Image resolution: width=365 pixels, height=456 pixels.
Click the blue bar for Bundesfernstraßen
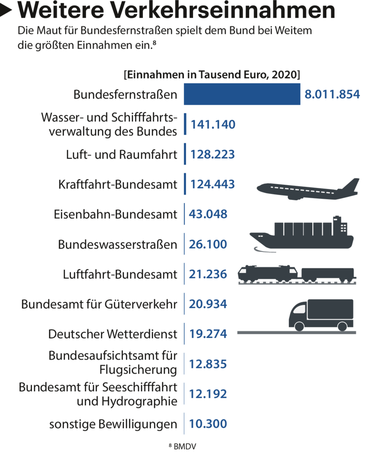point(242,94)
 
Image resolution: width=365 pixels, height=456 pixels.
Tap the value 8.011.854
point(332,94)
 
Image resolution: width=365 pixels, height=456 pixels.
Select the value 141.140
point(213,125)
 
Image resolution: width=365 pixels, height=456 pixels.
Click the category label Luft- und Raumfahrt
point(122,155)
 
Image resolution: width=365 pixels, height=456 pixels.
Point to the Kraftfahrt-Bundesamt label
point(118,184)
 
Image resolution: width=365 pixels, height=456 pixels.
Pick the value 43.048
point(208,214)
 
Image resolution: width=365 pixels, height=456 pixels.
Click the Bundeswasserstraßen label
point(118,244)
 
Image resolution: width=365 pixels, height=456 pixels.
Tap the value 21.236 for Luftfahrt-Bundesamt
point(208,274)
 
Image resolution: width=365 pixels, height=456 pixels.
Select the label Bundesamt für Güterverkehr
point(99,305)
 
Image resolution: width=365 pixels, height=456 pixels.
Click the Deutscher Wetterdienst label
point(113,334)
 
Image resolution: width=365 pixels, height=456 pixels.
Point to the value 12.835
point(208,364)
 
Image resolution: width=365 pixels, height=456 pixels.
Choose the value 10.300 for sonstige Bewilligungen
point(208,424)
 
